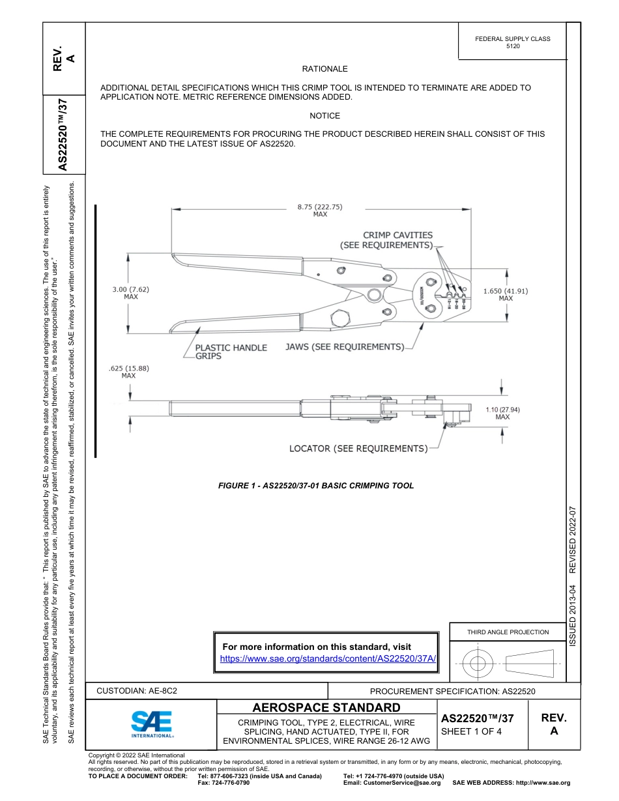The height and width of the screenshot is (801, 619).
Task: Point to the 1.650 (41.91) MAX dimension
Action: (505, 294)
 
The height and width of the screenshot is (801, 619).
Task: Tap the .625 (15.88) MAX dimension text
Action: (128, 371)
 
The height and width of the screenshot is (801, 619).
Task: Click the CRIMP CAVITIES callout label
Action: (388, 240)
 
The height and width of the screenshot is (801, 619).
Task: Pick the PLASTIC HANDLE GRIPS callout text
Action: (231, 352)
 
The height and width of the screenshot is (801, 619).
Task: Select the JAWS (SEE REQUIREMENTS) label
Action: (344, 346)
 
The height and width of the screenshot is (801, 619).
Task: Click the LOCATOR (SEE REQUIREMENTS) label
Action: (358, 448)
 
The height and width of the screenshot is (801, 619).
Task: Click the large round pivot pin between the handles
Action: (373, 296)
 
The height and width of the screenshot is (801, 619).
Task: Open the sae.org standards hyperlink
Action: (328, 658)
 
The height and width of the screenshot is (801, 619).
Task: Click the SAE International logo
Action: (151, 723)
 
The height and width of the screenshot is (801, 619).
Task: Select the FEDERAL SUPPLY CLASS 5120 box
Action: (512, 42)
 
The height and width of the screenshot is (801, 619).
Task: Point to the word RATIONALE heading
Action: (324, 68)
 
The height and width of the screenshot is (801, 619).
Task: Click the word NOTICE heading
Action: (324, 115)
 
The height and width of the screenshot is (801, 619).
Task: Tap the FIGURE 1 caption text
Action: (316, 485)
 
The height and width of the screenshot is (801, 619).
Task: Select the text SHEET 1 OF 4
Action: (471, 731)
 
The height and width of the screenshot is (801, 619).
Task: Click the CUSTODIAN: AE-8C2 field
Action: (137, 690)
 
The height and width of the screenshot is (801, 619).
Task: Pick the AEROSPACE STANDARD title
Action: (326, 707)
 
